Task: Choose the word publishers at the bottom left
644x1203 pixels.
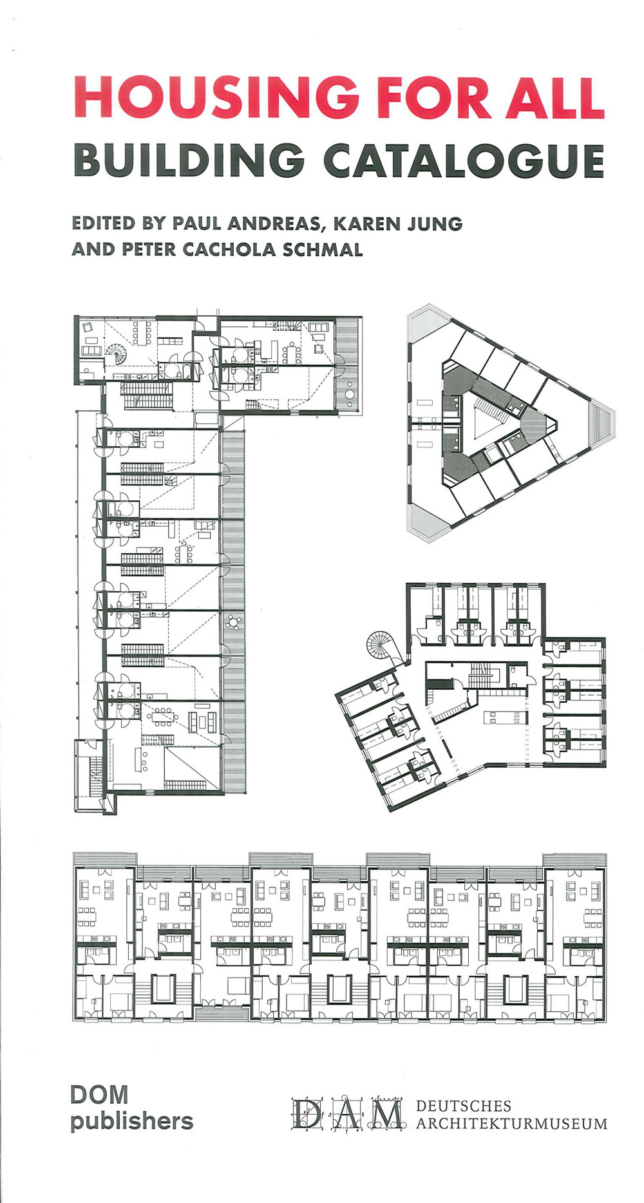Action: [x=132, y=1121]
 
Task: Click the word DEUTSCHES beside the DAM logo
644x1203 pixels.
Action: [x=464, y=1106]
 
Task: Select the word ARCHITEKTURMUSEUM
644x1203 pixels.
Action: [x=512, y=1124]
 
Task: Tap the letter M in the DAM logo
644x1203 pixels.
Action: [x=384, y=1114]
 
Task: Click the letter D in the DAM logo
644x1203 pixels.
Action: [x=307, y=1114]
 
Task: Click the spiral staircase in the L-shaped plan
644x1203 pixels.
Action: [x=117, y=353]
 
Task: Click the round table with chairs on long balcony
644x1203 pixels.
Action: [x=233, y=621]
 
